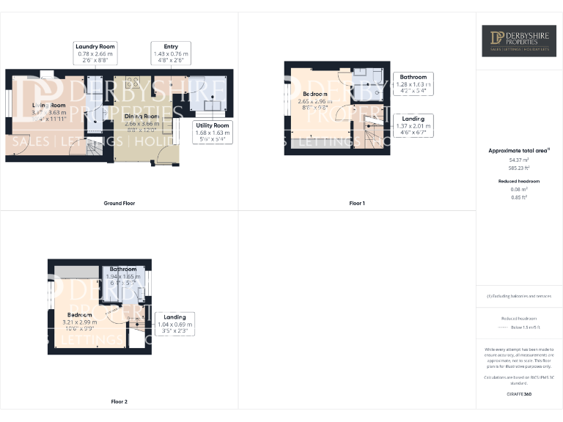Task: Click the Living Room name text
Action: click(48, 105)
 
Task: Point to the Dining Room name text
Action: click(141, 116)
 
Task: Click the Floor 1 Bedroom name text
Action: click(316, 94)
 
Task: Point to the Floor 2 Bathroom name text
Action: click(123, 270)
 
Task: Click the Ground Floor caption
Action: click(119, 203)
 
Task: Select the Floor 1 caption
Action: click(356, 203)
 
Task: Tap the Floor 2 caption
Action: click(119, 401)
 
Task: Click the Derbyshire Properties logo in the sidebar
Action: click(518, 41)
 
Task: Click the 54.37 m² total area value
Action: click(518, 160)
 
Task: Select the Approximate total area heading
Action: click(518, 150)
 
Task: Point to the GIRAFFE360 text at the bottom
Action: click(518, 394)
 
